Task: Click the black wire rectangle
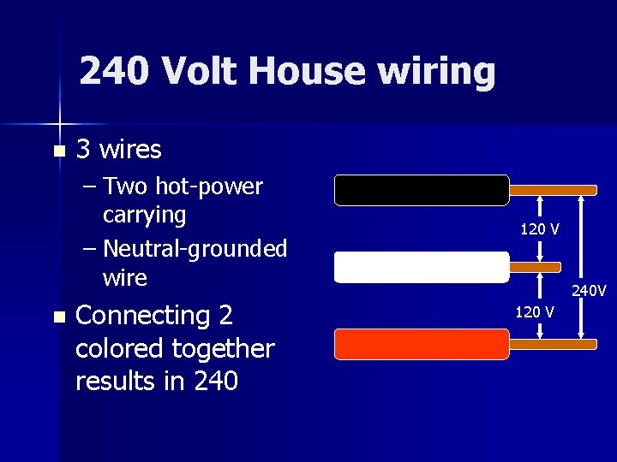[x=422, y=190]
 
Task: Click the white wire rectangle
[x=422, y=267]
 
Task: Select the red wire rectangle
[x=422, y=343]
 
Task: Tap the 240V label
[x=589, y=291]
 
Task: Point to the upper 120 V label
[x=540, y=229]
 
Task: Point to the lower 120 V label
[x=534, y=311]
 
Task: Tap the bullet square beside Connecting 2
[x=58, y=317]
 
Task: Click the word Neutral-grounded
[x=195, y=249]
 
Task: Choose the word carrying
[x=144, y=214]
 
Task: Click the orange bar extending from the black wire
[x=553, y=191]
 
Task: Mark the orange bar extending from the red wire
[x=553, y=344]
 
